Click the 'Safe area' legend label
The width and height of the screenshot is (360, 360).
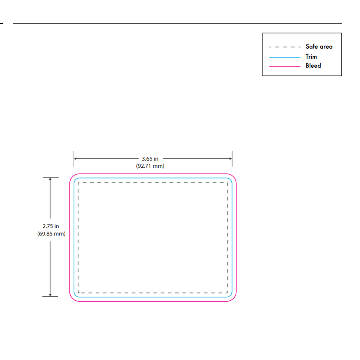coord(319,47)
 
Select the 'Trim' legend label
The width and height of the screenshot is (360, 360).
coord(311,57)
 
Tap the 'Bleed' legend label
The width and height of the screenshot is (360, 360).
coord(313,66)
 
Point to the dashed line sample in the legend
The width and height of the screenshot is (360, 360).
coord(285,47)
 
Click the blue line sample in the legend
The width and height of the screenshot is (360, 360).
coord(285,57)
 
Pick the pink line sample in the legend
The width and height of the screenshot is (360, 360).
coord(285,66)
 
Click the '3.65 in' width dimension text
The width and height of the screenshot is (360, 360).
coord(150,159)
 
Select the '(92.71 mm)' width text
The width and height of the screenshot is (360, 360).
coord(150,166)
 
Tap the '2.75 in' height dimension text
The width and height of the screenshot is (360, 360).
coord(51,226)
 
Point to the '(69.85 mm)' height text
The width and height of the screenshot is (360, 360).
coord(51,234)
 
